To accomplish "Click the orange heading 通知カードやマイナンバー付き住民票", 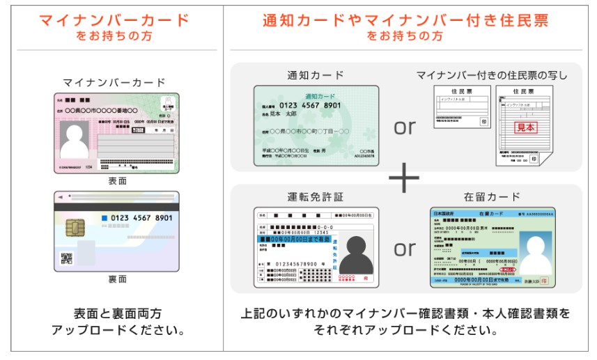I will pos(405,20).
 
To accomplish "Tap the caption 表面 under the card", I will pos(117,181).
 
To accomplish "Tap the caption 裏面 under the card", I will pos(117,279).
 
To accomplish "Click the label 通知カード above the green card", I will pos(316,75).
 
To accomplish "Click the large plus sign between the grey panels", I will pos(404,178).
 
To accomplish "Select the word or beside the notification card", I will pos(405,127).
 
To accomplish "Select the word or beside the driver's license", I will pos(405,248).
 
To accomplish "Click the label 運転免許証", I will pos(316,197).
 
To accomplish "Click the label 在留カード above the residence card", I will pos(492,197).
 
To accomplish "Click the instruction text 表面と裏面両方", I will pos(117,314).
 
